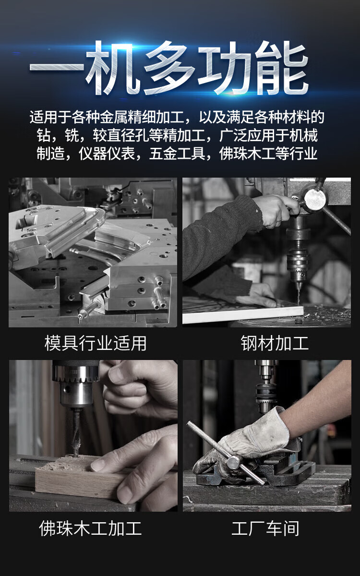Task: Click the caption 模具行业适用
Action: tap(96, 343)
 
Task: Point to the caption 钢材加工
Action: tap(275, 343)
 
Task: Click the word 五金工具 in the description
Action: tap(177, 154)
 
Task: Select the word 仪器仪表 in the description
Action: tap(107, 154)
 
